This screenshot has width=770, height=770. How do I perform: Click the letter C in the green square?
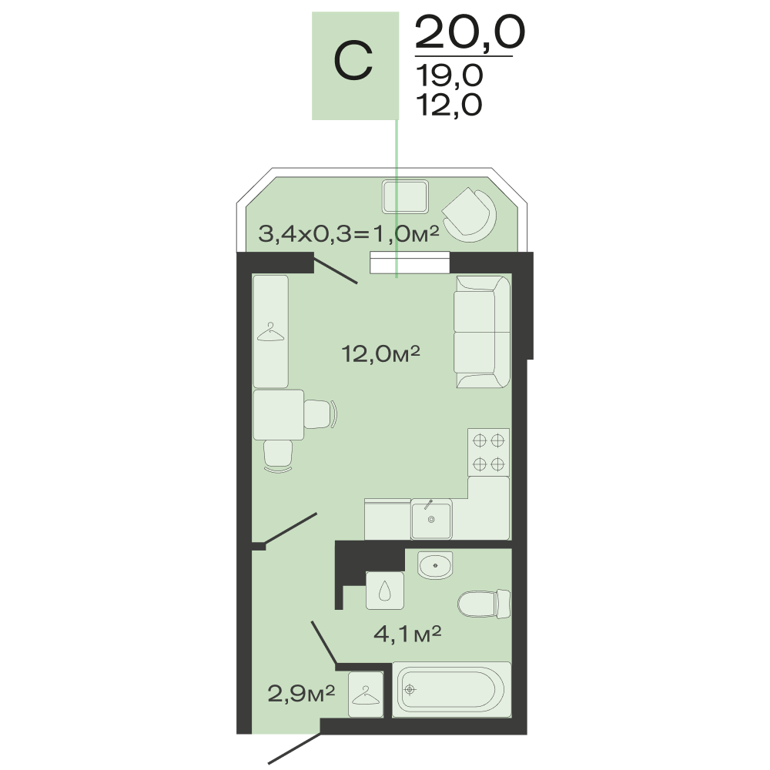coord(353,61)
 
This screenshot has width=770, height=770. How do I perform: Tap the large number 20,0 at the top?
coord(470,32)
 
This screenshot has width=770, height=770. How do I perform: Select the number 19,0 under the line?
coord(450,76)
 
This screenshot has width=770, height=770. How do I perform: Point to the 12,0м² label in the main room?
coord(380,353)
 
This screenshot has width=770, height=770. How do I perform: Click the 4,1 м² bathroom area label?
coord(407,634)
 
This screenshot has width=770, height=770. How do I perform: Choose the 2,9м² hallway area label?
coord(301,694)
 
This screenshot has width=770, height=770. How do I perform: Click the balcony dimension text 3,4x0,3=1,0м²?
coord(349,234)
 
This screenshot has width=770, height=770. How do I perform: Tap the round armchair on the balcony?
coord(470,215)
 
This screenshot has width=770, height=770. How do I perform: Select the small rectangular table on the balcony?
coord(405,196)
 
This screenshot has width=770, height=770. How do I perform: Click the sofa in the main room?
coord(482,331)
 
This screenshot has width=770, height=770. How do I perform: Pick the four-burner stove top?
coord(489,452)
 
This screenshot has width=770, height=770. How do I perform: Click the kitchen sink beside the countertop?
coord(431,519)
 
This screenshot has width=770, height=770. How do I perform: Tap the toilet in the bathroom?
coord(484,604)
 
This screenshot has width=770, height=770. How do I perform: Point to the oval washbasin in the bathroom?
coord(435,564)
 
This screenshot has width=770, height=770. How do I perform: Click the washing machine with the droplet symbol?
coord(385,591)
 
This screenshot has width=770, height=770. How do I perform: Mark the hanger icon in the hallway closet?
coord(366,695)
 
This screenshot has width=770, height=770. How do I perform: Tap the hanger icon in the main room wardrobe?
coord(270,332)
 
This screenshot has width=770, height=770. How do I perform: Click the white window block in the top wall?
coord(410,263)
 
